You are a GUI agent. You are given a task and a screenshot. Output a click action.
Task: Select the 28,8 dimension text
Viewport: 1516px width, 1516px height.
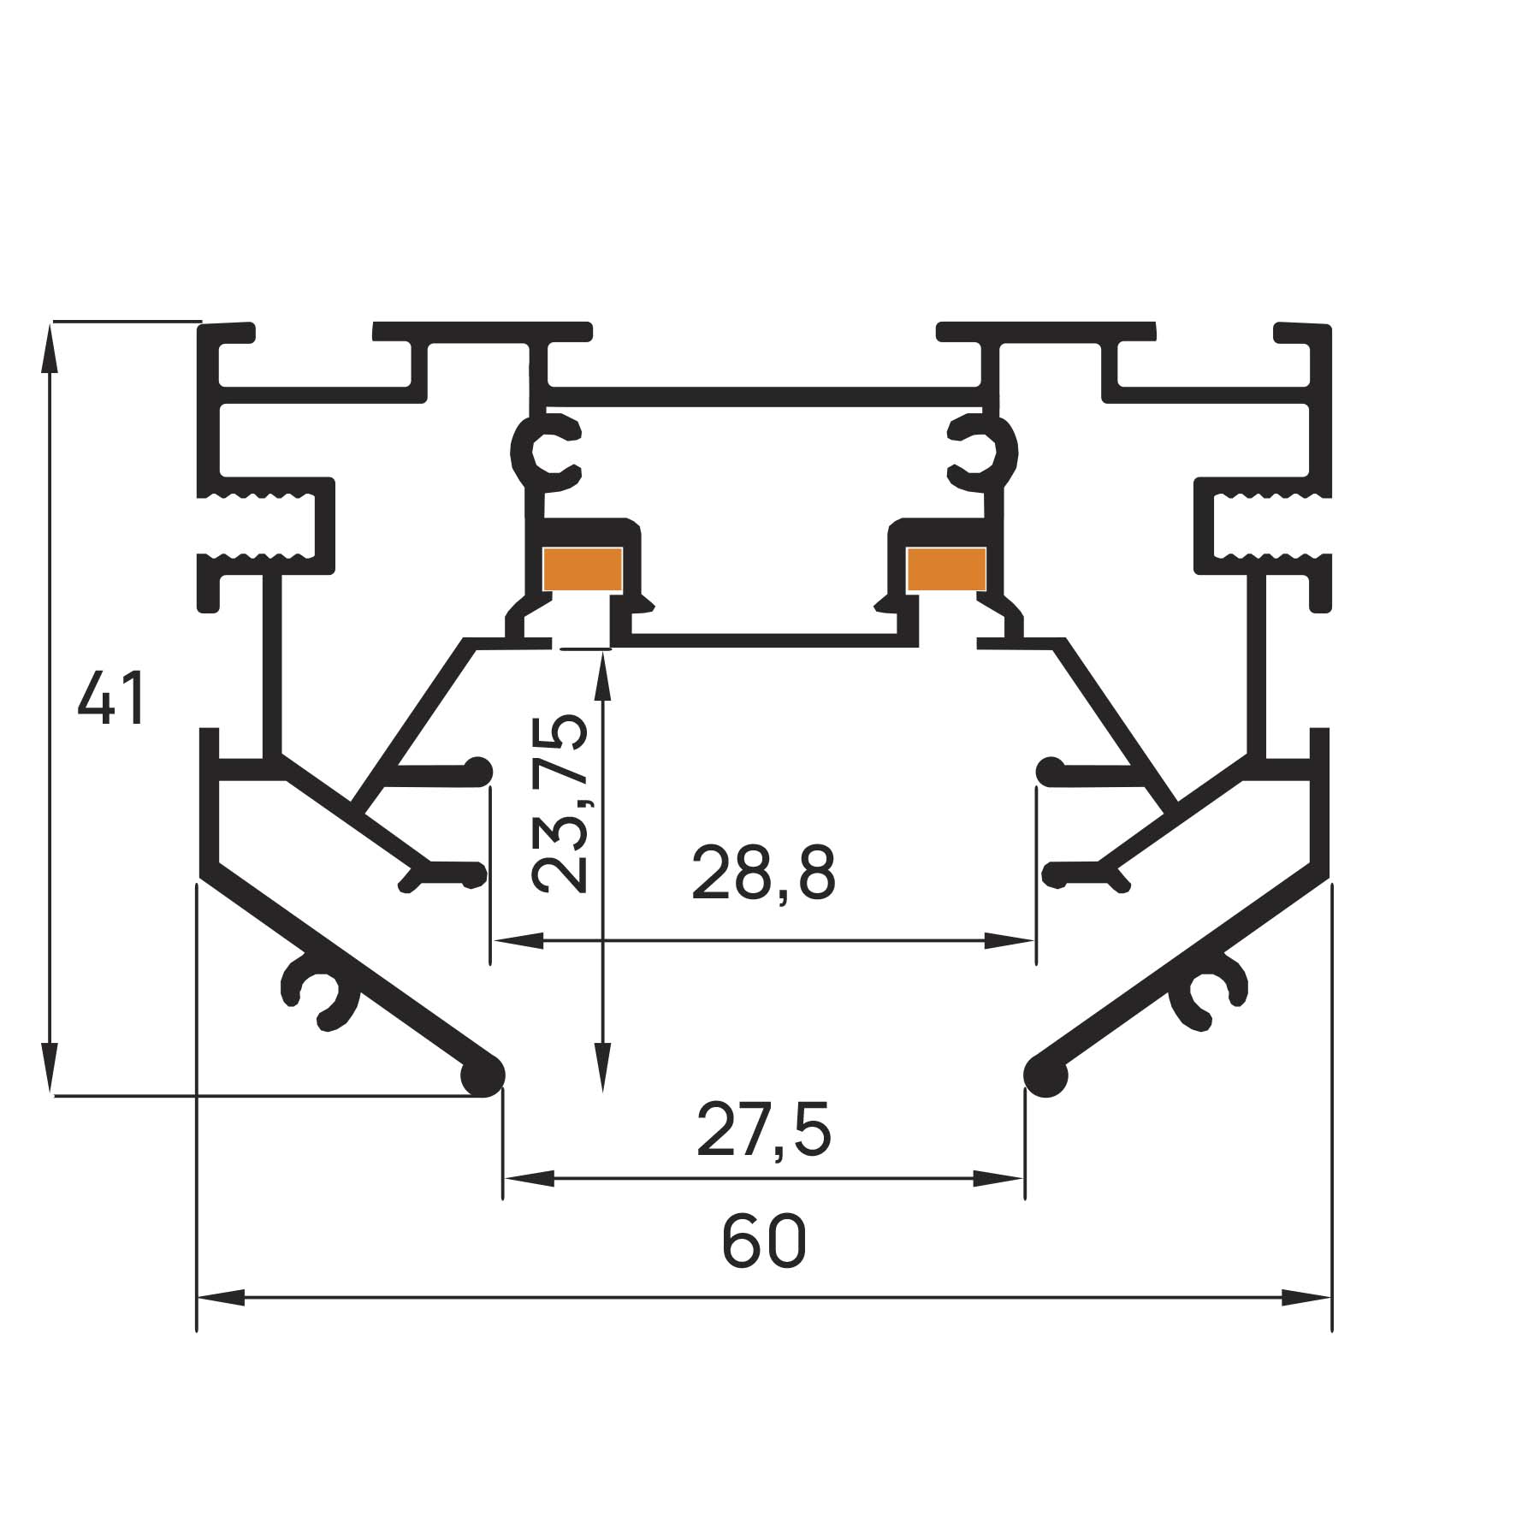tap(763, 873)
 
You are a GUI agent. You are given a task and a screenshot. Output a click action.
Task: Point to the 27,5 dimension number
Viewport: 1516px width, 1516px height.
tap(763, 1130)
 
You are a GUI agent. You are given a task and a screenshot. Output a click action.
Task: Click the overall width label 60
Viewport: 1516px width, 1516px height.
tap(764, 1242)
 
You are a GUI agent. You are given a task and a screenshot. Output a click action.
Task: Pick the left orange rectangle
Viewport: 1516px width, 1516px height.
tap(583, 568)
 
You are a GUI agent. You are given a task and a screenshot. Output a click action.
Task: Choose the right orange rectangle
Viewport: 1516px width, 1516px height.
tap(946, 568)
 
